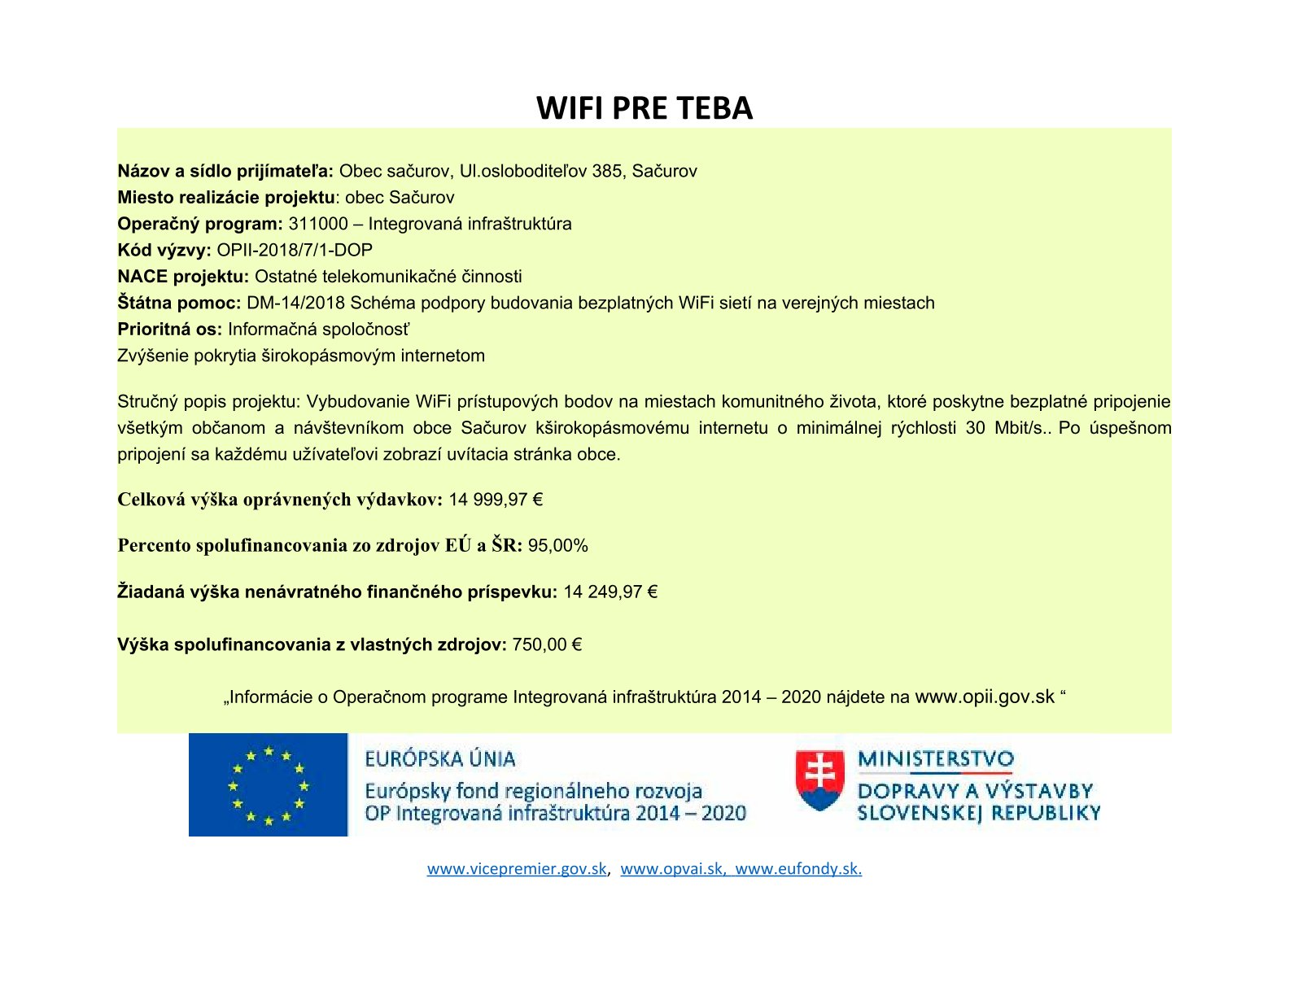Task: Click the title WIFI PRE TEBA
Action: pos(644,108)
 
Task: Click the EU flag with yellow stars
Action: pos(268,785)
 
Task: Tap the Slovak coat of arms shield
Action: pos(819,780)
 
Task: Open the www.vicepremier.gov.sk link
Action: pos(517,869)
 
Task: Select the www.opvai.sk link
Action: pos(672,869)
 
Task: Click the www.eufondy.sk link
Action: pos(798,869)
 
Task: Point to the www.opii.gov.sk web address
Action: pos(985,697)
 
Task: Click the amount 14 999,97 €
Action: pos(496,500)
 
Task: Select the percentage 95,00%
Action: pos(558,546)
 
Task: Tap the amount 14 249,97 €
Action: pos(610,592)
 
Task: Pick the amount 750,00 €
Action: pos(547,645)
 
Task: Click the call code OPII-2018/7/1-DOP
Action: pos(295,251)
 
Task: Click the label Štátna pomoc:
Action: pos(179,304)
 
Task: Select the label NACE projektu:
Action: pos(183,277)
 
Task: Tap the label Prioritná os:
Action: pos(169,330)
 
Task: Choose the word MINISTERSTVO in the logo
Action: pos(936,759)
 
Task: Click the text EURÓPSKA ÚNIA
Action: pos(440,759)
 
